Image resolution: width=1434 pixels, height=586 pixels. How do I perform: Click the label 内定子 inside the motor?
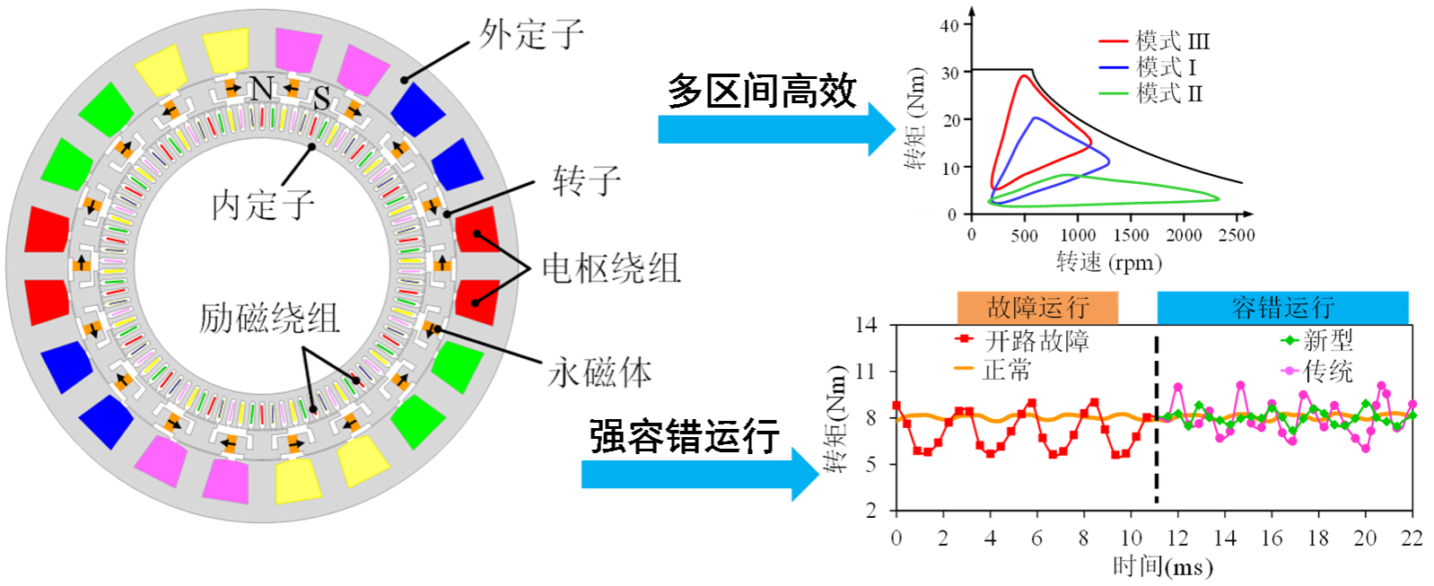[x=263, y=206]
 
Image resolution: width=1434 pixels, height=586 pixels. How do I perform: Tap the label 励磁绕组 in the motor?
[x=268, y=318]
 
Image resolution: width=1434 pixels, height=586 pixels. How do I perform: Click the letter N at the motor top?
[x=262, y=89]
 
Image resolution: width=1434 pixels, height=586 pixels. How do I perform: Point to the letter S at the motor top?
[x=320, y=98]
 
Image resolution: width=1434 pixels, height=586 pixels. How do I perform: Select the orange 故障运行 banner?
[x=1037, y=308]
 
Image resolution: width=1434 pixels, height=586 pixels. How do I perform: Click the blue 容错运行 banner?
[x=1282, y=308]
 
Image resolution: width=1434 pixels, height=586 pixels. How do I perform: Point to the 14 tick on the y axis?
[x=866, y=325]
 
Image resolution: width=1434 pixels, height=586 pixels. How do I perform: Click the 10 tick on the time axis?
[x=1131, y=538]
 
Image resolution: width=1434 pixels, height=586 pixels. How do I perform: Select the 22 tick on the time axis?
[x=1412, y=538]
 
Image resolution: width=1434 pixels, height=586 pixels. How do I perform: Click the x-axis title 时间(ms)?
[x=1163, y=567]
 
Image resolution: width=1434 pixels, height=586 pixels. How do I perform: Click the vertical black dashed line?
[x=1156, y=422]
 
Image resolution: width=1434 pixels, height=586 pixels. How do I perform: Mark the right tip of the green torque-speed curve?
[x=1219, y=197]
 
